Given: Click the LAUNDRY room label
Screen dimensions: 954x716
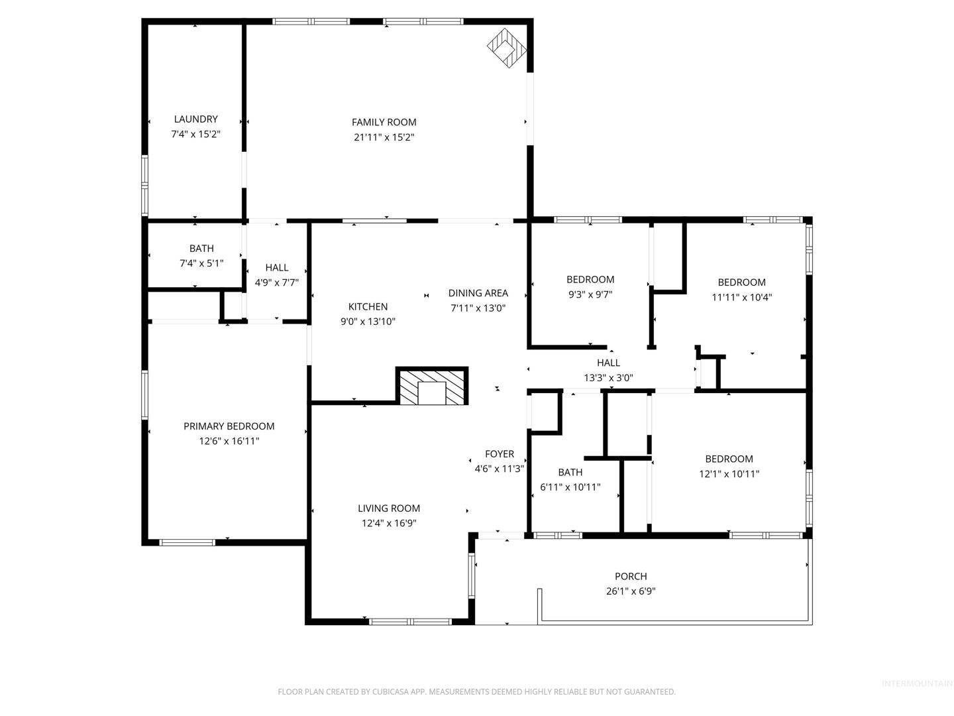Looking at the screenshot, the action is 195,119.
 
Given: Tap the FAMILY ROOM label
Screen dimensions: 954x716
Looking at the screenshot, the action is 384,122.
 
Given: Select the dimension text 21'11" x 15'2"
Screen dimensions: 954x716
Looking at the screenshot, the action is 384,137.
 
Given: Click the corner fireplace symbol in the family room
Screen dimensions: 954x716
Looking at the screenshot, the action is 506,48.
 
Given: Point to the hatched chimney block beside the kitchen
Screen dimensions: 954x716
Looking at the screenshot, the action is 431,386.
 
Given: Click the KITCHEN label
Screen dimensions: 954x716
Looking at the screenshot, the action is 368,306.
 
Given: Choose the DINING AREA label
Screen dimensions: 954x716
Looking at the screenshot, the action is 478,293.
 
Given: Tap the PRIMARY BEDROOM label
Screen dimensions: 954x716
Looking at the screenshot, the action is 229,426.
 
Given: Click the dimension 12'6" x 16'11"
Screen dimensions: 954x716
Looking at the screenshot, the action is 229,442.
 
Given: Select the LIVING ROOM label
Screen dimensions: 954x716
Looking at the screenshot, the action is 389,508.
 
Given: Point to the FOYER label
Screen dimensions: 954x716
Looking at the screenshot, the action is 500,454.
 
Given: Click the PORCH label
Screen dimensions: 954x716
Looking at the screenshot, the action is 631,577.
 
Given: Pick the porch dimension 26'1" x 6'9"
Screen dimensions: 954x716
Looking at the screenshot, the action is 631,591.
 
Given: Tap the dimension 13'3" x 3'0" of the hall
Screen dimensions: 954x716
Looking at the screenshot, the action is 608,378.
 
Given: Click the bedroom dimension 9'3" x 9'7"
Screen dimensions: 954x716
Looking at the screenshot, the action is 590,294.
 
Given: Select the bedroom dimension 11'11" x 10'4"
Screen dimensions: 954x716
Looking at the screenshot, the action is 741,298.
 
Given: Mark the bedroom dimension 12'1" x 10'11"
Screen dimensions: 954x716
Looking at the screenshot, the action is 729,474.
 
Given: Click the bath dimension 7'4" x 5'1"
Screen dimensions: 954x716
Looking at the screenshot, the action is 201,263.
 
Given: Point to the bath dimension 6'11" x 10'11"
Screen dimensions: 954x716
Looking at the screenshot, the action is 570,487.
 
